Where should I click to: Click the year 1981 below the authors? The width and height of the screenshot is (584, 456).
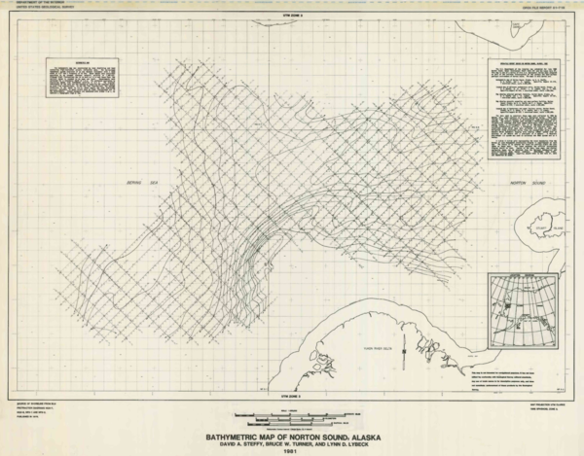290,451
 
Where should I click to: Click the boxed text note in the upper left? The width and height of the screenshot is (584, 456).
75,82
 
